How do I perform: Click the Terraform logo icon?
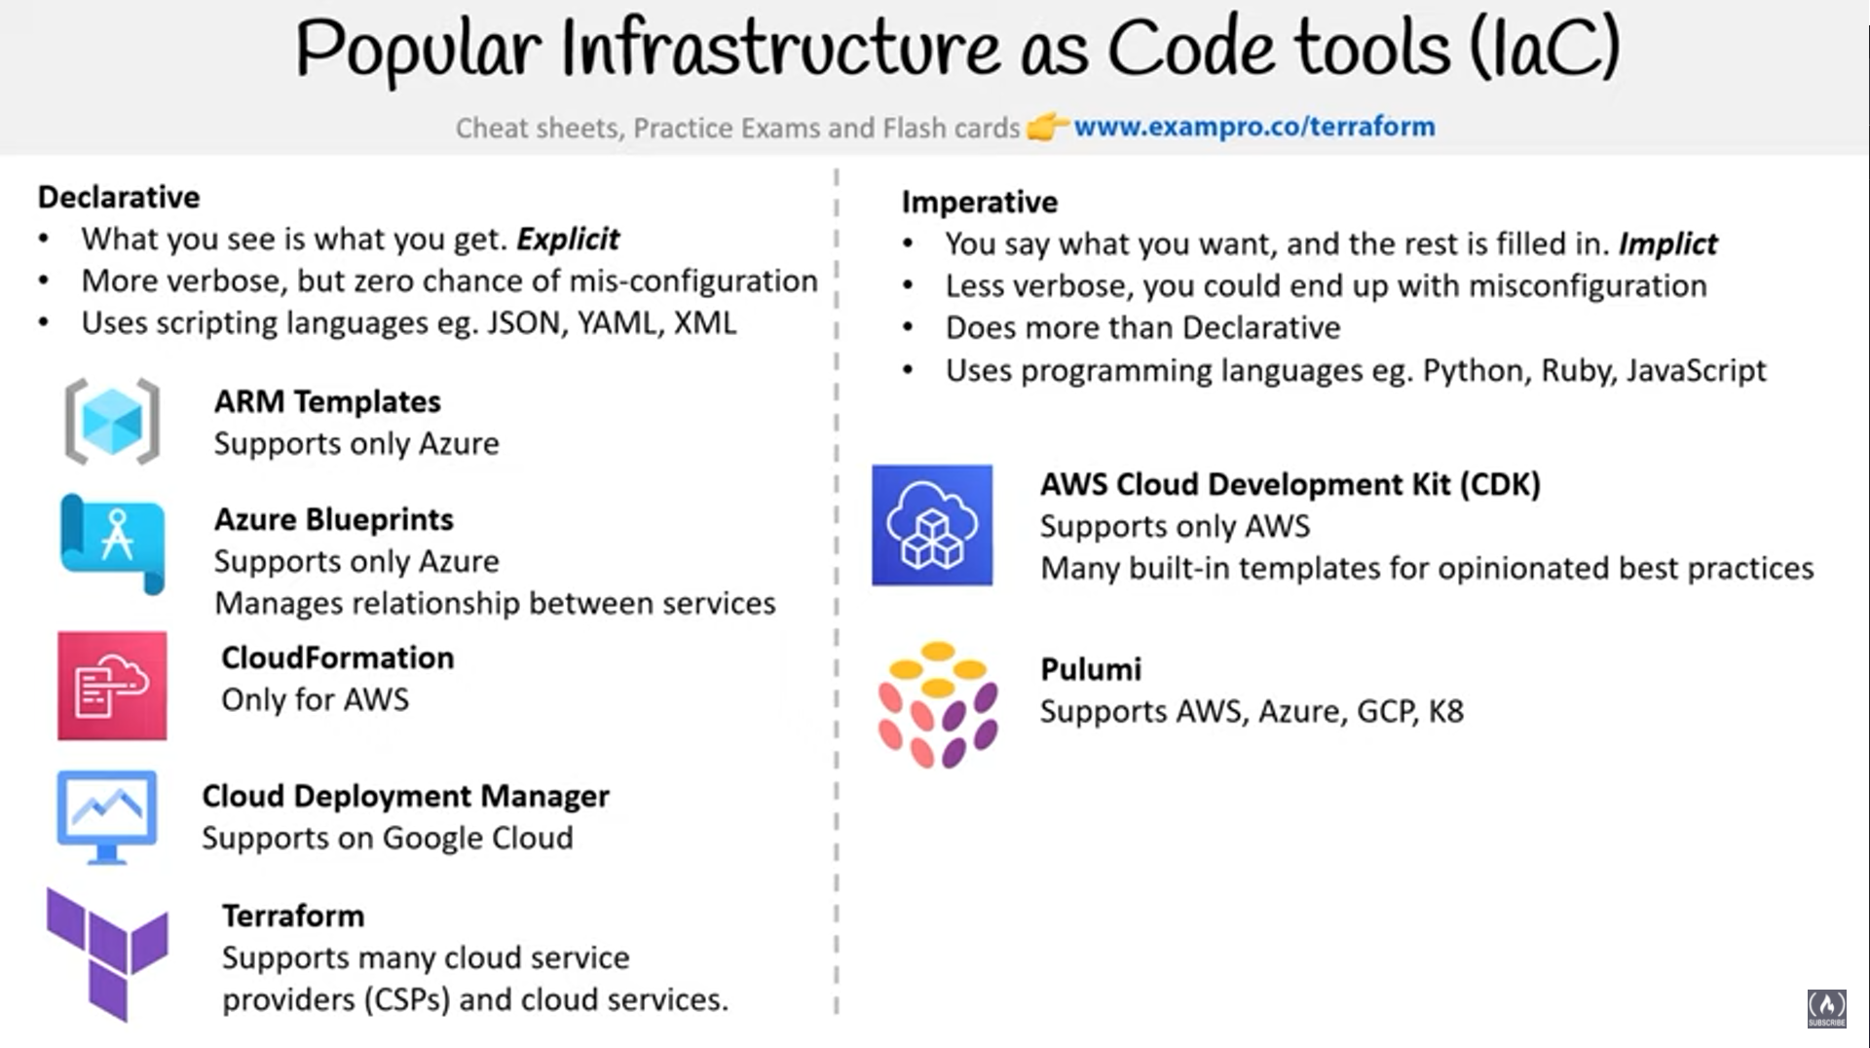(107, 953)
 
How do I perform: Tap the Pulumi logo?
(937, 703)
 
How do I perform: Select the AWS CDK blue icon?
(932, 525)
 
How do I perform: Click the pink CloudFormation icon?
(112, 686)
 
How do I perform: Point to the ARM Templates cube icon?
(112, 421)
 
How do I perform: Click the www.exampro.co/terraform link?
(1253, 127)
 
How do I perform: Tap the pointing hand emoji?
(1047, 127)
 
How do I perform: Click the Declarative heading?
(119, 197)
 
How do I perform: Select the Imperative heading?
(979, 202)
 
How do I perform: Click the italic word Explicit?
(568, 239)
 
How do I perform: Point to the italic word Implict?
(1667, 243)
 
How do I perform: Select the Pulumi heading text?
(1091, 669)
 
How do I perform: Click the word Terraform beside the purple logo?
(293, 916)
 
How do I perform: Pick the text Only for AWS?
(315, 699)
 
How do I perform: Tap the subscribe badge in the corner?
(1826, 1008)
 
